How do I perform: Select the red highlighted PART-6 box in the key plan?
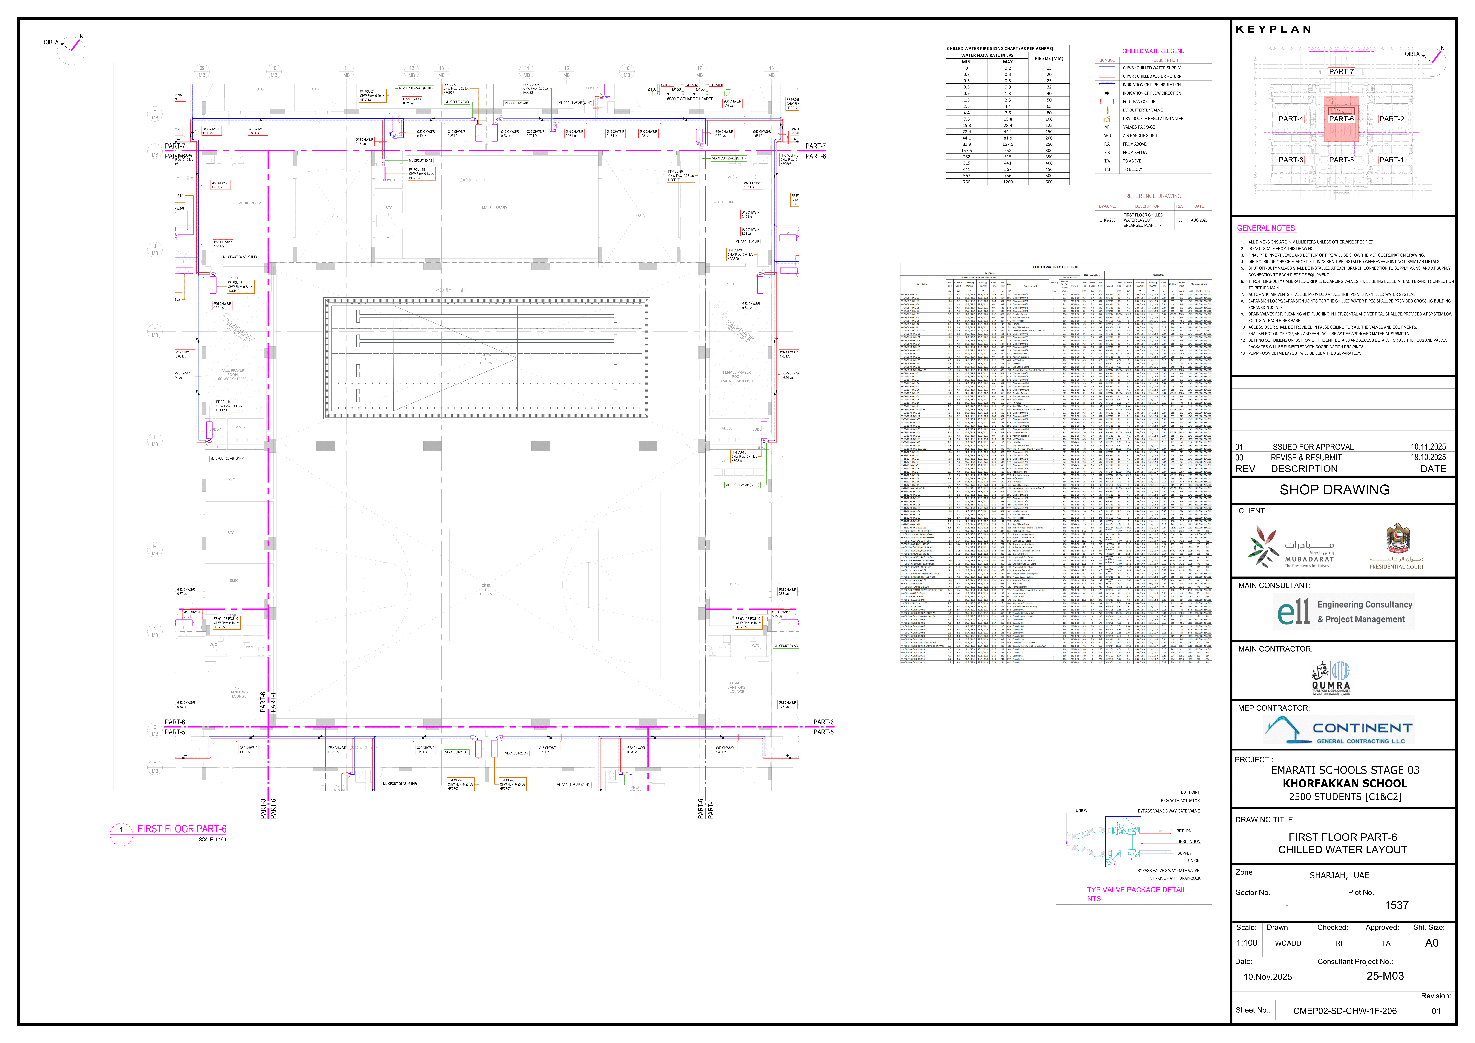tap(1341, 119)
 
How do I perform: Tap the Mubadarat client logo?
tap(1291, 547)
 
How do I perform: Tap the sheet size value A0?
tap(1431, 943)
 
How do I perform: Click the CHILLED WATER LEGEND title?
tap(1153, 51)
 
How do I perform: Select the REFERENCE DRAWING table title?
tap(1153, 196)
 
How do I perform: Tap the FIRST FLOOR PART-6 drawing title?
tap(182, 829)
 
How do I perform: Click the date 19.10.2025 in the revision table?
tap(1427, 457)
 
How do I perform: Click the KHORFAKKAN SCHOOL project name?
tap(1345, 783)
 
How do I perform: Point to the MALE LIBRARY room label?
tap(494, 207)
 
